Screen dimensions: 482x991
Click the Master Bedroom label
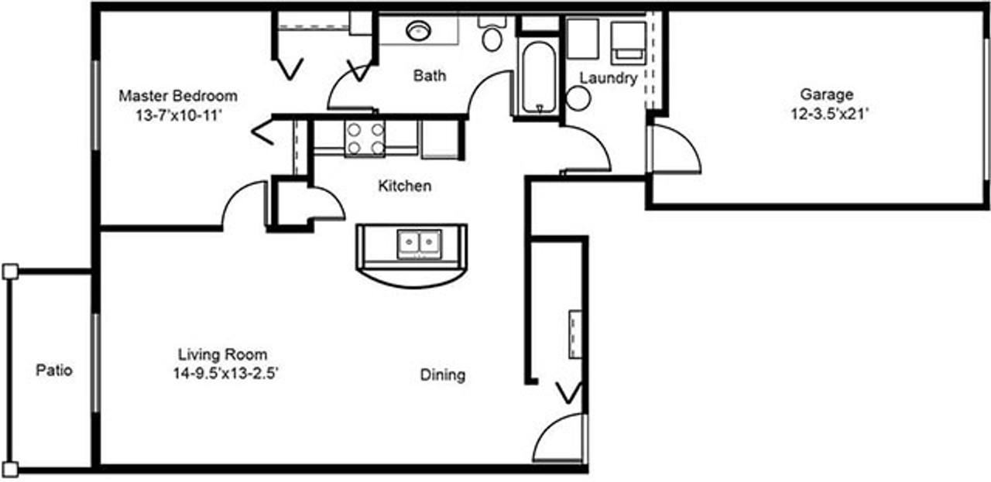point(177,97)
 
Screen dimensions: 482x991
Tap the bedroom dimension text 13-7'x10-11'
point(177,115)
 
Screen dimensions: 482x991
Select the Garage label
point(827,95)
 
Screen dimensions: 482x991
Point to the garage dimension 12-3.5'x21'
point(827,114)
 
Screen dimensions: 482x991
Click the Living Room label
point(223,355)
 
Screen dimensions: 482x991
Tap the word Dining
point(443,375)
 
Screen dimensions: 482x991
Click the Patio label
point(54,371)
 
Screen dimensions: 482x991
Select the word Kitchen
point(404,186)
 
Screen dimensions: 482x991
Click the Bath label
point(429,75)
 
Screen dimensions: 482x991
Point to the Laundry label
point(609,77)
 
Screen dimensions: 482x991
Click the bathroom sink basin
point(419,30)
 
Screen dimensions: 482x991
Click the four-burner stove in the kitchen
point(365,138)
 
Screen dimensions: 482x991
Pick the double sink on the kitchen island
point(419,243)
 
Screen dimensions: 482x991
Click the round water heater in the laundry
point(578,98)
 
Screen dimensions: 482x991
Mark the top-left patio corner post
point(9,271)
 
